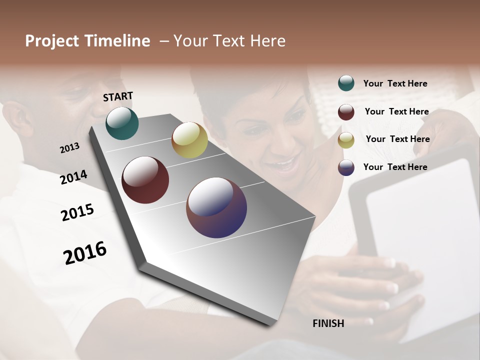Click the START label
[118, 96]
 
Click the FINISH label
[328, 323]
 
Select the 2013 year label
[69, 148]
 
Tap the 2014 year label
[73, 177]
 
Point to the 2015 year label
[77, 212]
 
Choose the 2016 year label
[85, 252]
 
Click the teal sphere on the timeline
[122, 123]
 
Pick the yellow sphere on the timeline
[189, 140]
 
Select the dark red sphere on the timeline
[145, 180]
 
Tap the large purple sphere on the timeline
[216, 207]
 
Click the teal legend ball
[346, 83]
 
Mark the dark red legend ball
[346, 112]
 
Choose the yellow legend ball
[346, 140]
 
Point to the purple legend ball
[346, 167]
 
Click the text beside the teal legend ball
[395, 83]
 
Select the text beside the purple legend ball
[395, 167]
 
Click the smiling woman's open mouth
[282, 164]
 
